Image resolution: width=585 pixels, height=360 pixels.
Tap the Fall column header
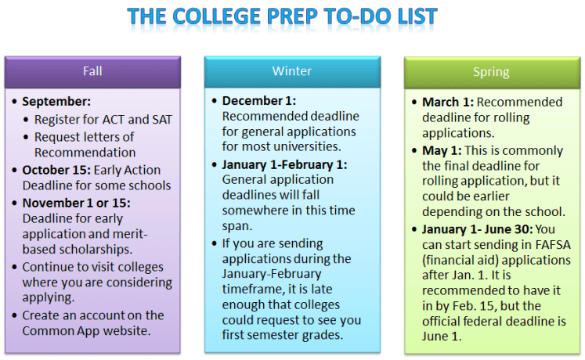coord(92,71)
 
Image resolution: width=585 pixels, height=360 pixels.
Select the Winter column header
coord(291,71)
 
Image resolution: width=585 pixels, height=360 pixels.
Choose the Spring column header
coord(491,72)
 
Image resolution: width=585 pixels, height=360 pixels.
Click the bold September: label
coord(56,102)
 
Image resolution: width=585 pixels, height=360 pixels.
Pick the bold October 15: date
coord(56,170)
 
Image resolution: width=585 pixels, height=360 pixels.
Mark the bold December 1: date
coord(260,101)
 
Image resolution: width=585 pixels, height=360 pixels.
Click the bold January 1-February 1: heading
coord(284,164)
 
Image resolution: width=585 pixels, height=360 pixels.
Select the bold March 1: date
coord(448,102)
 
